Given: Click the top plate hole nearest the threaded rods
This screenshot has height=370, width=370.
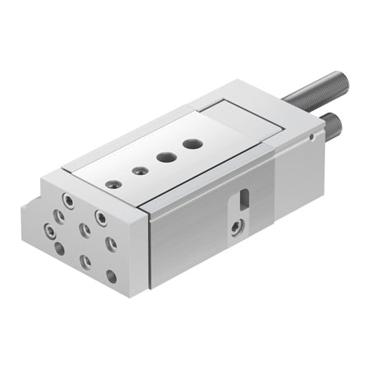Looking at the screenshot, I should pos(192,144).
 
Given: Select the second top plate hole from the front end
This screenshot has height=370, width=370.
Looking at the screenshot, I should pos(136,171).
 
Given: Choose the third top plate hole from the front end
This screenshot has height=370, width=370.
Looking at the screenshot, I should pos(163,158).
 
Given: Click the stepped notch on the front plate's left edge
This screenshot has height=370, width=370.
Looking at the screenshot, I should pos(31,200).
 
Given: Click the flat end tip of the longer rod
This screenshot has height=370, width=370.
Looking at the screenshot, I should pos(345,79).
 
